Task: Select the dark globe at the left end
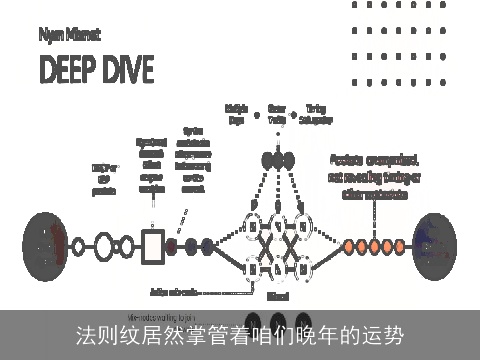coord(43,243)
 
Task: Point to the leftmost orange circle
coord(348,244)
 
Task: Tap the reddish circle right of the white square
coord(173,244)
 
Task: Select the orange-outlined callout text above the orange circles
coord(375,175)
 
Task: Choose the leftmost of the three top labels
coord(237,113)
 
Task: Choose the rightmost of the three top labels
coord(317,113)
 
